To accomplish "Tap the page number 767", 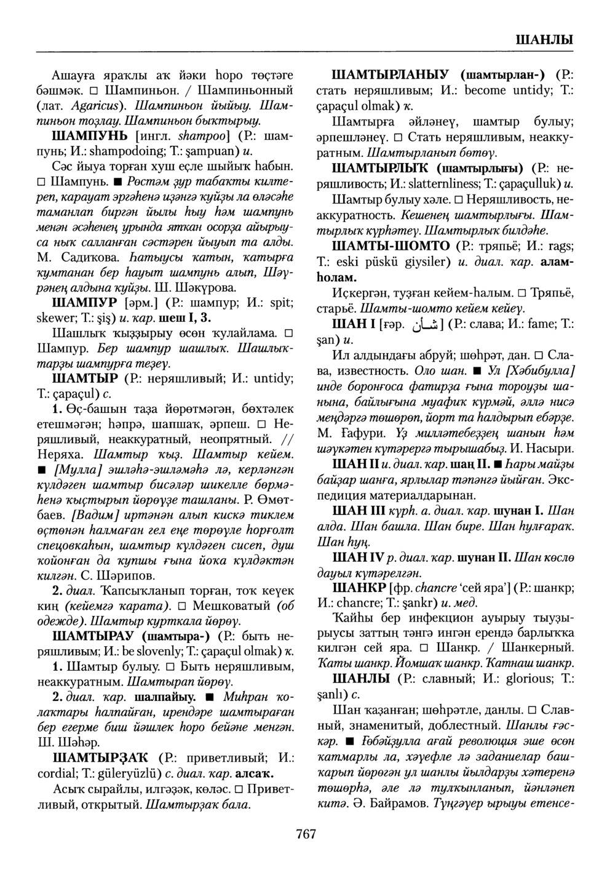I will (306, 834).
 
